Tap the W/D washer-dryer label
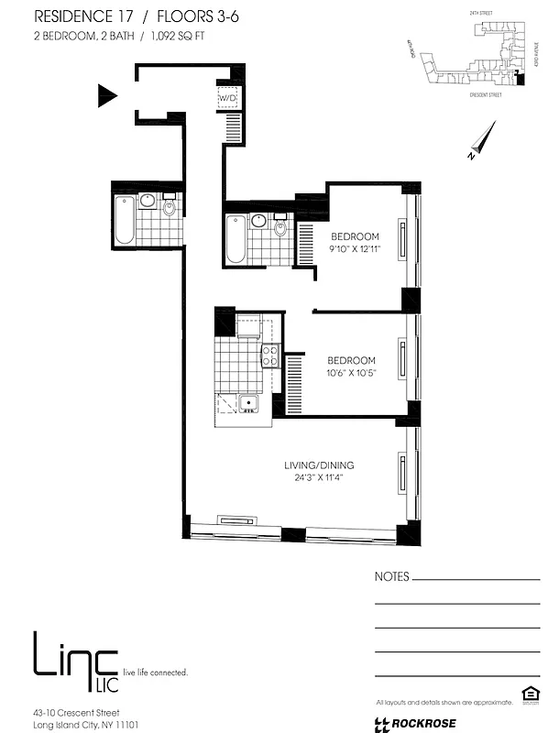tap(226, 98)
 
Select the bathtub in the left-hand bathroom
tap(125, 220)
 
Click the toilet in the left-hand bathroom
tap(170, 208)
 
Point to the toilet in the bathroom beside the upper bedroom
tap(279, 225)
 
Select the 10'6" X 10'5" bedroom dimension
tap(352, 372)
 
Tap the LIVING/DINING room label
tap(318, 465)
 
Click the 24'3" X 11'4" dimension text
tap(318, 477)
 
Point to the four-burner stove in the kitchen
tap(269, 356)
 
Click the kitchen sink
tap(247, 403)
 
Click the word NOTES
tap(392, 578)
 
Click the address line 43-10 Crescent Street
tap(75, 712)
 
